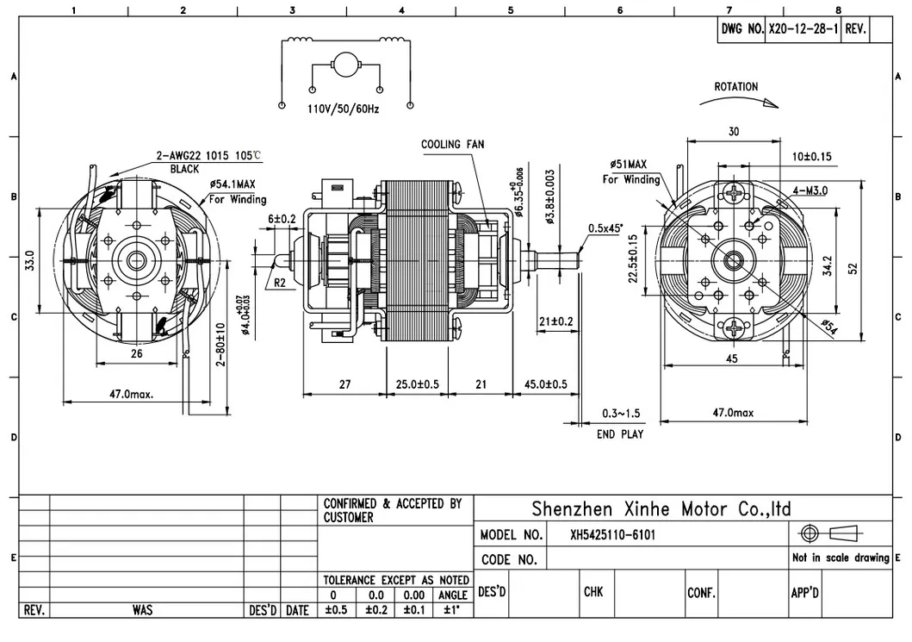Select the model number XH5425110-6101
(x=612, y=535)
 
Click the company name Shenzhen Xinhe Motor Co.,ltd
(x=661, y=508)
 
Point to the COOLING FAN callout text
(x=452, y=144)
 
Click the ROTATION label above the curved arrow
(x=736, y=87)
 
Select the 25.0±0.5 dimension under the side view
(x=417, y=384)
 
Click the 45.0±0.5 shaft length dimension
(x=546, y=384)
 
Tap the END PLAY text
(x=620, y=434)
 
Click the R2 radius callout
(x=280, y=282)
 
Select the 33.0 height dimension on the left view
(x=28, y=259)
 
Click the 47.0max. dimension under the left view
(x=131, y=394)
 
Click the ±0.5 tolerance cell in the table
(x=333, y=610)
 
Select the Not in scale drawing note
(x=840, y=558)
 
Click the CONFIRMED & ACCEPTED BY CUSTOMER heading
(x=393, y=510)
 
